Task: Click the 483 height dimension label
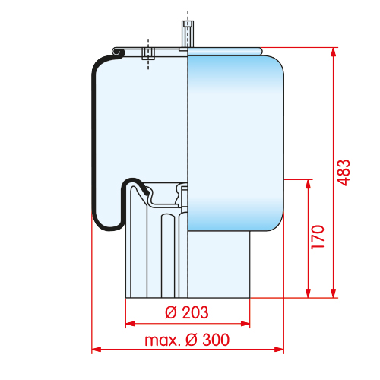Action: [x=344, y=173]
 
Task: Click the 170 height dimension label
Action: [x=318, y=237]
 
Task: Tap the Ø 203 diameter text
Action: [x=187, y=312]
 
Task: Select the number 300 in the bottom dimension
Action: [x=216, y=340]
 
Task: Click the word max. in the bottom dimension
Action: [x=163, y=340]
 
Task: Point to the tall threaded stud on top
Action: [x=188, y=34]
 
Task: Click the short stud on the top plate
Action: [x=148, y=53]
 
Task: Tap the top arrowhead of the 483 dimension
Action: [x=334, y=52]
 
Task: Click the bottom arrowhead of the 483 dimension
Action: [x=334, y=293]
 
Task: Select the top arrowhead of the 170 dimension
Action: [x=309, y=184]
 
